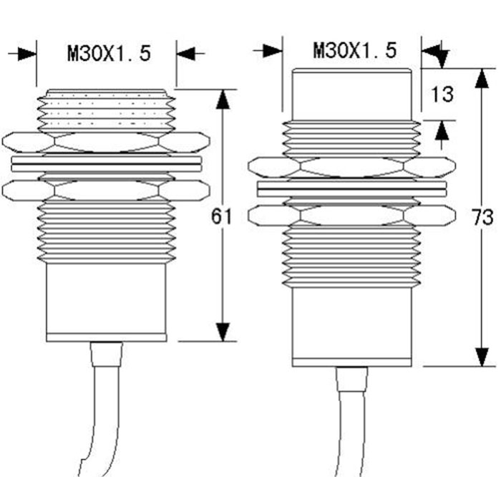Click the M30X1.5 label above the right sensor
pos(354,50)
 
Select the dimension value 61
pos(222,216)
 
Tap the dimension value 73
pos(484,218)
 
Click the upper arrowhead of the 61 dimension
pos(225,100)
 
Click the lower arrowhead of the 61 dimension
pos(225,332)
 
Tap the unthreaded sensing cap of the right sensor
pos(352,93)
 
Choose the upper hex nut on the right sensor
pos(352,168)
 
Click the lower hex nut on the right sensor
pos(352,214)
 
